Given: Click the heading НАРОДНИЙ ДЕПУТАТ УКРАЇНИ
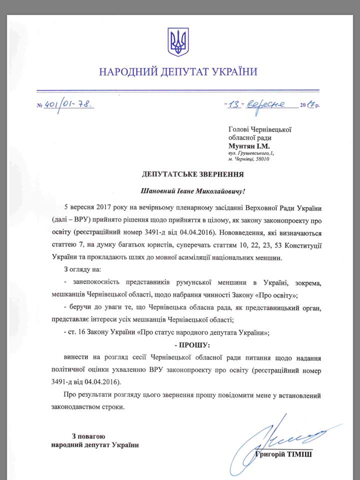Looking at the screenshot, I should click(178, 71).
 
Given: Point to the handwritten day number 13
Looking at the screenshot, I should click(234, 104).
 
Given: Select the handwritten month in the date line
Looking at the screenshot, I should click(268, 104).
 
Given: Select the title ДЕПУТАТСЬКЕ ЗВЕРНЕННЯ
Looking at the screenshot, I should click(178, 174).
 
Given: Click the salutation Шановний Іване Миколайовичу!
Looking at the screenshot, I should click(178, 190).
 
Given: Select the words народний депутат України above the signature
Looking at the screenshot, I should click(95, 444).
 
